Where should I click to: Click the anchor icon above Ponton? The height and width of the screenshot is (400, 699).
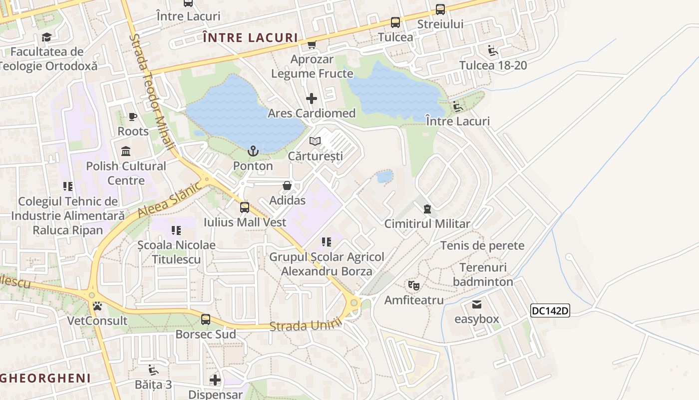(x=253, y=151)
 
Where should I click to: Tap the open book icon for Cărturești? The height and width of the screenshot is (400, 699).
(x=315, y=141)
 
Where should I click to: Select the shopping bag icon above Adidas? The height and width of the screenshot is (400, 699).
(x=287, y=186)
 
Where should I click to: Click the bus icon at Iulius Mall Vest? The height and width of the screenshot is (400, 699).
(x=245, y=207)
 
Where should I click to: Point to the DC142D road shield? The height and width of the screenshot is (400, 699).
(x=550, y=310)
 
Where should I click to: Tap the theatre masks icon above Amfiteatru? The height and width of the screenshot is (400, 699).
(x=413, y=285)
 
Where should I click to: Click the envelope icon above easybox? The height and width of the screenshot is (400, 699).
(x=477, y=304)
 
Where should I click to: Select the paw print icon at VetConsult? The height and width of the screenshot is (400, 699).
(x=97, y=306)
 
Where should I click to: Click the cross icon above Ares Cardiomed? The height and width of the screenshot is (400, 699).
(x=312, y=98)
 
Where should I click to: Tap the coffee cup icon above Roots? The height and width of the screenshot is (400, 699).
(x=132, y=117)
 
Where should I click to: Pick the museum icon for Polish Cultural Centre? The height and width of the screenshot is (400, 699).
(x=126, y=151)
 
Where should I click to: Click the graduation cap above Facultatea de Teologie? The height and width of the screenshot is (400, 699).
(x=46, y=37)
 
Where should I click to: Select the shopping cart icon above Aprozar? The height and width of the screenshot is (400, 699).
(x=312, y=45)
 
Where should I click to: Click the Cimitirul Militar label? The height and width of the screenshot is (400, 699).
(x=427, y=223)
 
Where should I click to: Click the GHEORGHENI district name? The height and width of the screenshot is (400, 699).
(x=45, y=377)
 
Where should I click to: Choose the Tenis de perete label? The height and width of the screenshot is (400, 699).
(x=482, y=245)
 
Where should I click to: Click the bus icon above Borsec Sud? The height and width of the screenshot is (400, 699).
(x=206, y=319)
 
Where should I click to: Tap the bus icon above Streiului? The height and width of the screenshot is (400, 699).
(x=440, y=9)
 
